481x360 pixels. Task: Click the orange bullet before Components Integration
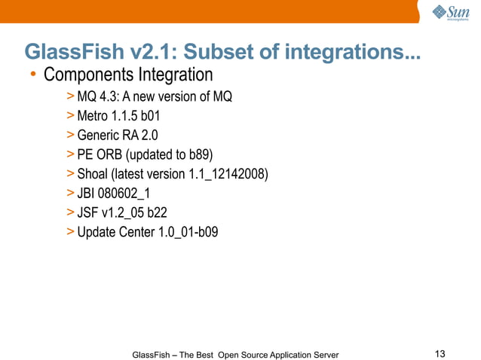33,75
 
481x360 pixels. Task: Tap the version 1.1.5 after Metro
125,117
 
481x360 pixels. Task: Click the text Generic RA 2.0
117,136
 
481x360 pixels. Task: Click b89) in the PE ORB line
199,155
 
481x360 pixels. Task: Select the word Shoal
93,175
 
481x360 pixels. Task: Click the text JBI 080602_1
114,194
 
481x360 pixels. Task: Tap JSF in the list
88,212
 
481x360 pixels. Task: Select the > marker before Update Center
70,232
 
